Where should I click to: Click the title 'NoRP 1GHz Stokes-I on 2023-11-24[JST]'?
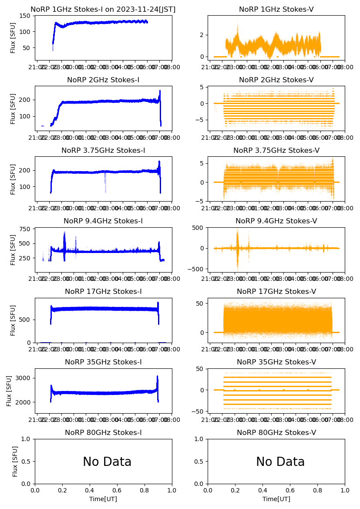103,10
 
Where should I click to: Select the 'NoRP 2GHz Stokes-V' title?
276,80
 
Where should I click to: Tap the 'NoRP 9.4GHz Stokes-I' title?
103,221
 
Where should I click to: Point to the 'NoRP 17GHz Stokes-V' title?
276,292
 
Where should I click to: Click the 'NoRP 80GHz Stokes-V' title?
276,433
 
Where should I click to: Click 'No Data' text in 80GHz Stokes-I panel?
107,462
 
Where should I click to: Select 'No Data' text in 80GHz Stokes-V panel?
280,462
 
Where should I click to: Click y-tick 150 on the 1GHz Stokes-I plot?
27,16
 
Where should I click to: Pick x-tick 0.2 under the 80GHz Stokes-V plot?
235,490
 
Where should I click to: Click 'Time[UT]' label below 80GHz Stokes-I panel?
103,499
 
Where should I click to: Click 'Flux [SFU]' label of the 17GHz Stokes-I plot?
13,320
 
